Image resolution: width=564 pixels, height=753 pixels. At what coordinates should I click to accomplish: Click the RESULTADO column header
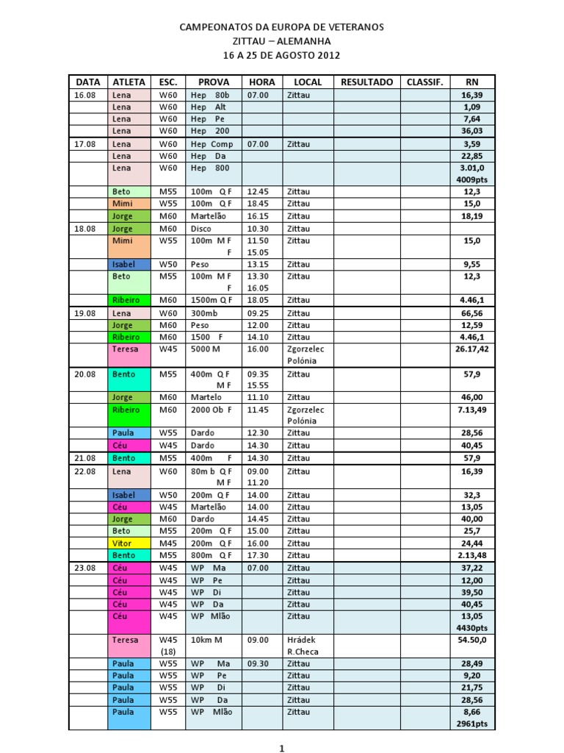(x=366, y=82)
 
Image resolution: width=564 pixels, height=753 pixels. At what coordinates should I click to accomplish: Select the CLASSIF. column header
(x=425, y=82)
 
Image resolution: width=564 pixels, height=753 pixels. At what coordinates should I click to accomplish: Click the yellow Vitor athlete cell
(x=122, y=543)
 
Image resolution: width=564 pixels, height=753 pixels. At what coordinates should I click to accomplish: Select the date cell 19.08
(x=85, y=313)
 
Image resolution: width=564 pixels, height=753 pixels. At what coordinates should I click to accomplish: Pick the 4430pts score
(x=473, y=628)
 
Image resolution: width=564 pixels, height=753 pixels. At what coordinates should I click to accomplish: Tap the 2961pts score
(x=473, y=724)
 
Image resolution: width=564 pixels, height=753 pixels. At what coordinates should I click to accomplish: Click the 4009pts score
(x=473, y=179)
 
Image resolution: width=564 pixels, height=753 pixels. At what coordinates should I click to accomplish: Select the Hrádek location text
(x=302, y=640)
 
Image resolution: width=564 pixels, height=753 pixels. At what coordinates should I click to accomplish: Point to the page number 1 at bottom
(x=281, y=749)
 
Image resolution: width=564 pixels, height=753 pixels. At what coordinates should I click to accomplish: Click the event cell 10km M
(x=206, y=640)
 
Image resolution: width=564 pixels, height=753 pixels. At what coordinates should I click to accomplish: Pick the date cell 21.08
(x=85, y=457)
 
